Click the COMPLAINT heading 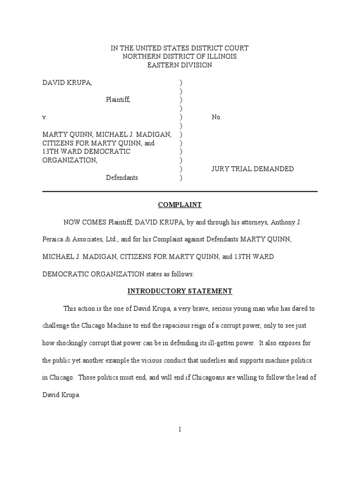coord(180,205)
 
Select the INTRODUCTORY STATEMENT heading coord(180,291)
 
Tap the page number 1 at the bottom coord(180,429)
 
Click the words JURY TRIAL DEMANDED coord(253,169)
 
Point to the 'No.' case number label coord(217,117)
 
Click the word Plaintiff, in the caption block coord(118,100)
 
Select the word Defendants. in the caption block coord(122,178)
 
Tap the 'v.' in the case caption coord(45,117)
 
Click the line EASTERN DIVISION coord(180,65)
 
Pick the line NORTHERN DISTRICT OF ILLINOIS coord(180,57)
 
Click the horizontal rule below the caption coord(180,191)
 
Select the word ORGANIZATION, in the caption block coord(70,160)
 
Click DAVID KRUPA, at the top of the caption coord(67,82)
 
